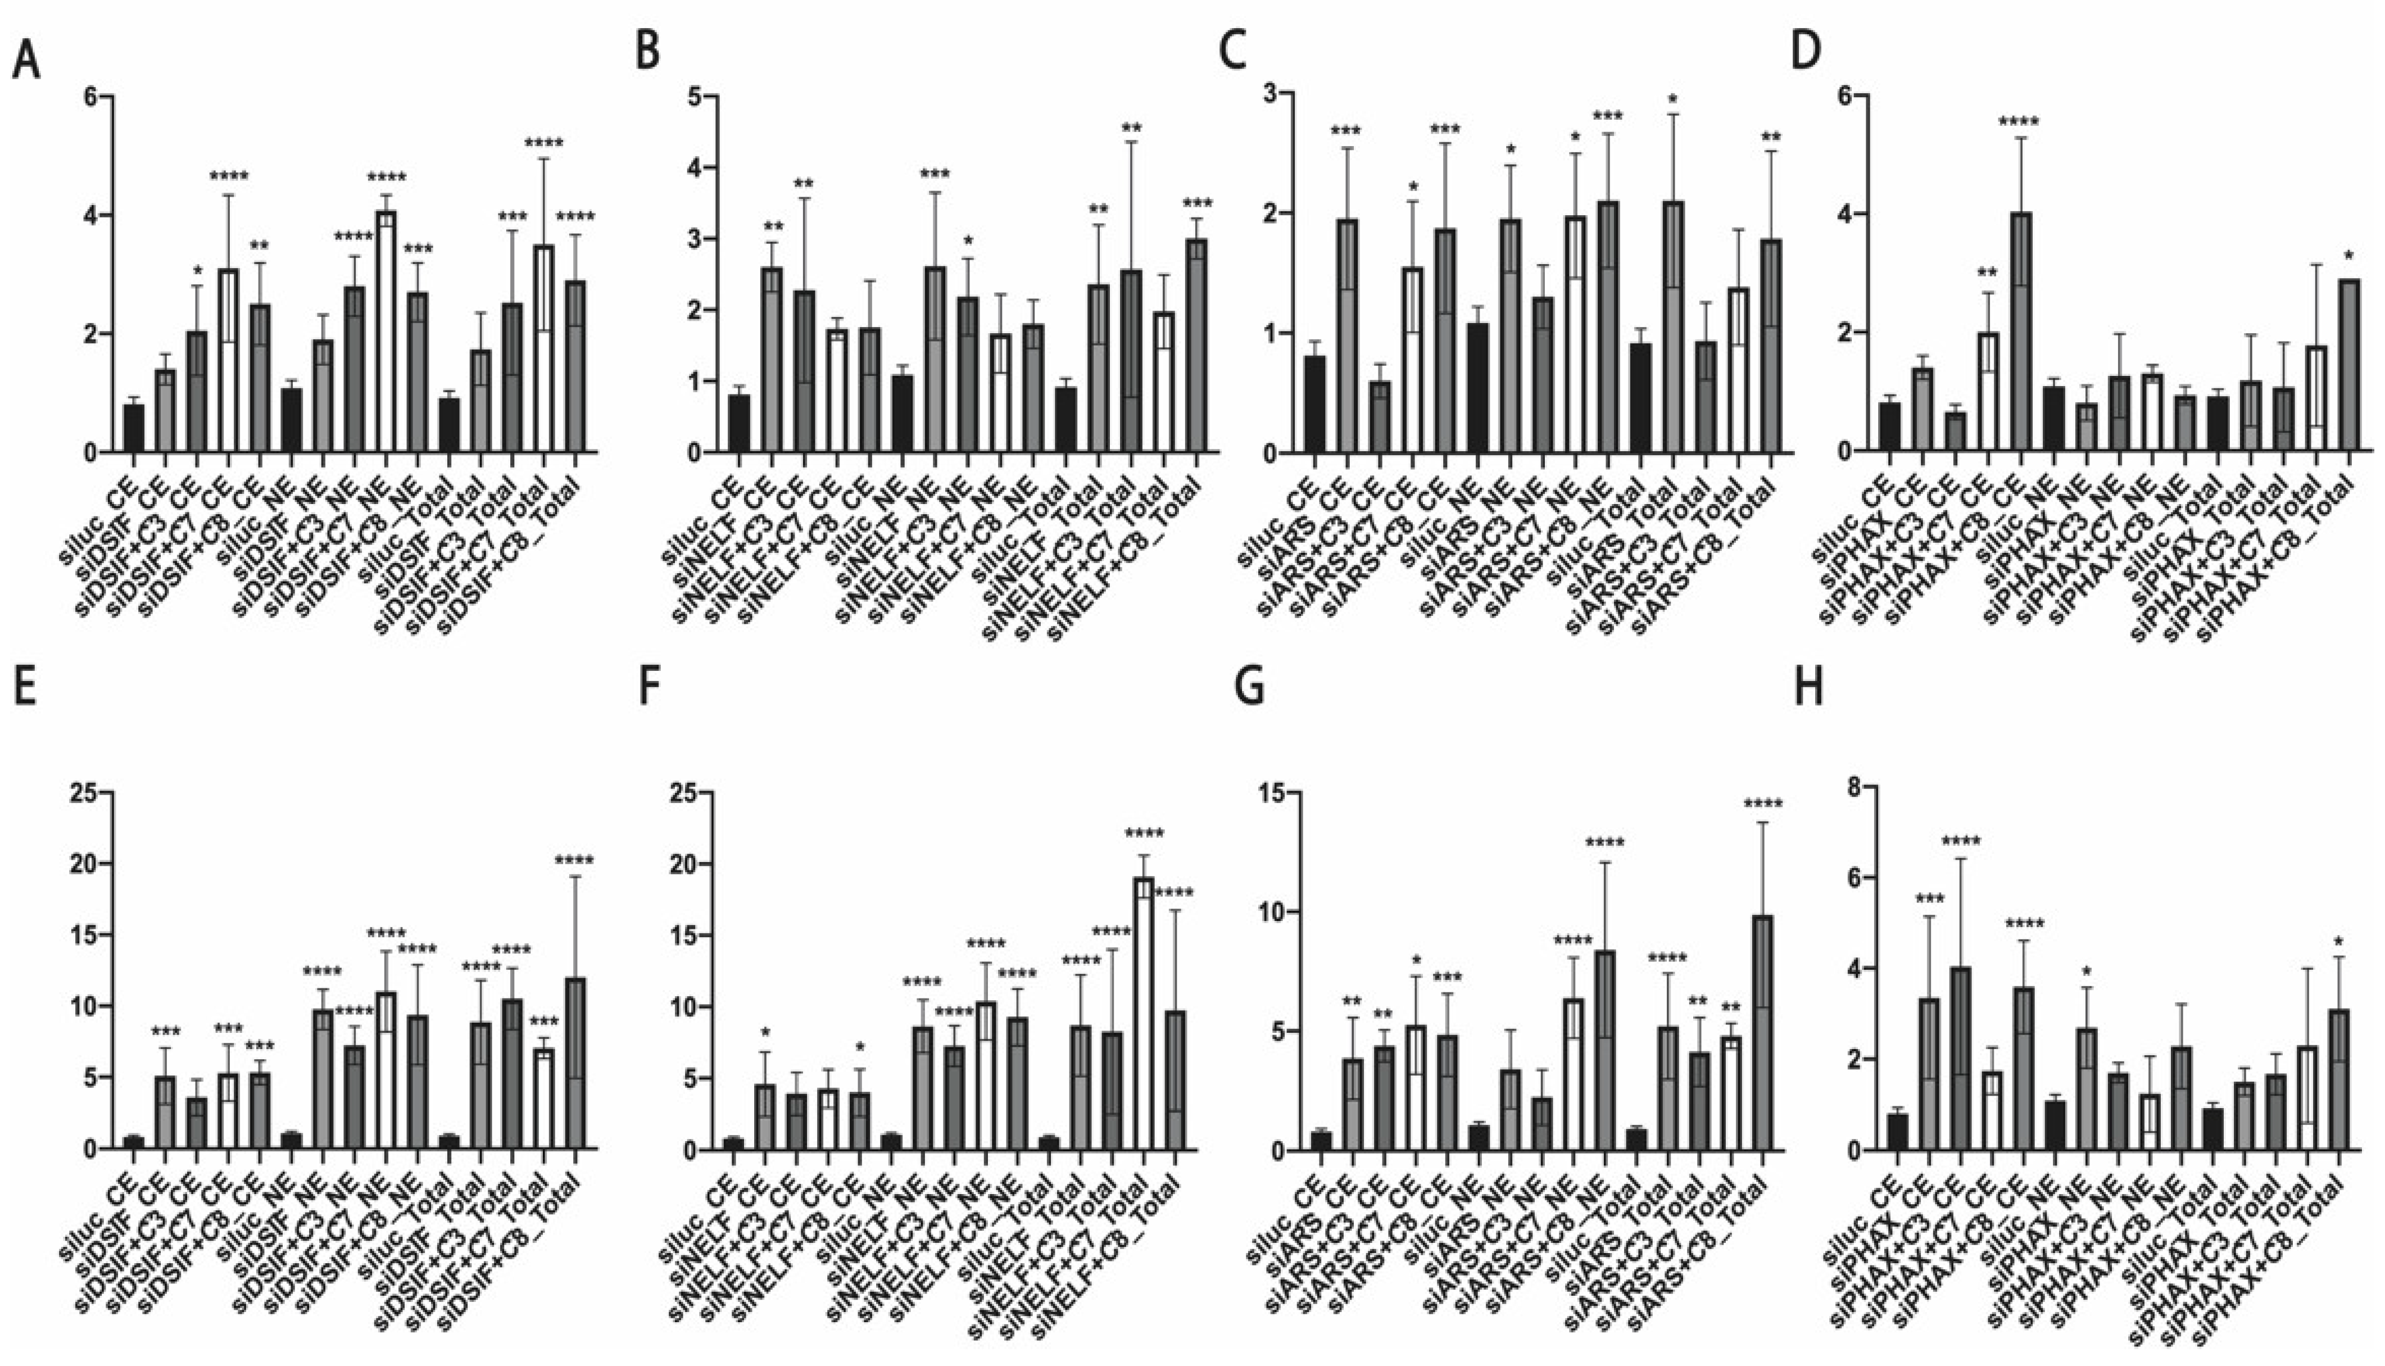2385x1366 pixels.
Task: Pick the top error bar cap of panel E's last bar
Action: pyautogui.click(x=574, y=876)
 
